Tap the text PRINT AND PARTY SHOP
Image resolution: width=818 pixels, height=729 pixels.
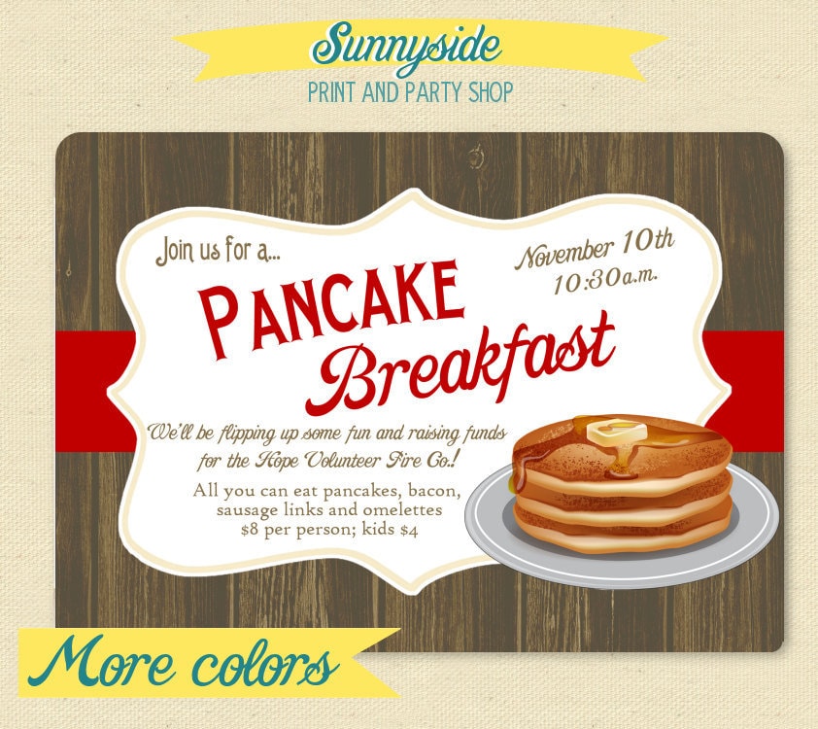coord(409,93)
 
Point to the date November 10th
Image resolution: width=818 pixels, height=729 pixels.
coord(595,251)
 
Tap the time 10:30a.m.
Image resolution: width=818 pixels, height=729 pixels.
coord(605,280)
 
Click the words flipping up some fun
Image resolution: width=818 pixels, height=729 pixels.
coord(266,432)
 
